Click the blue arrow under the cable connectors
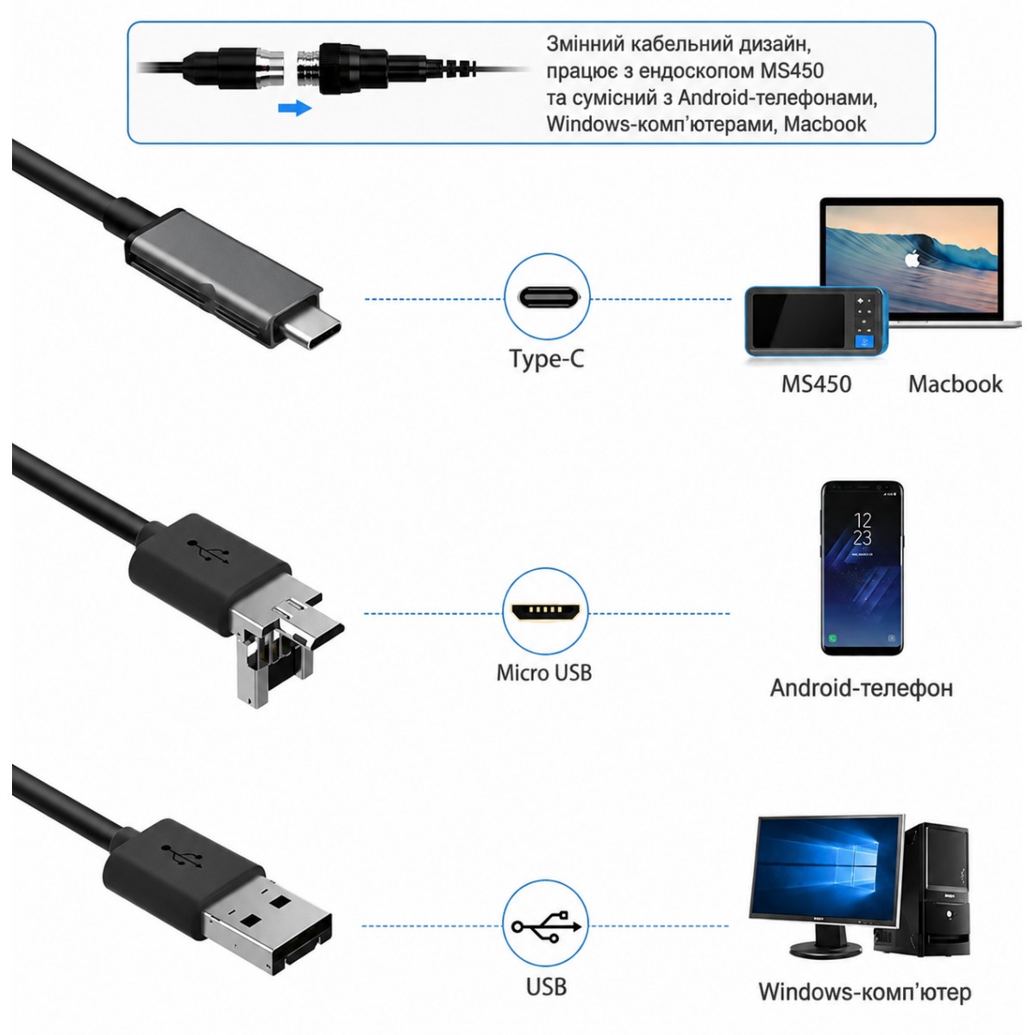[295, 108]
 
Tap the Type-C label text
[546, 359]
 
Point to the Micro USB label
[544, 673]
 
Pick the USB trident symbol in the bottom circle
[546, 925]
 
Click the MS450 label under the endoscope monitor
[816, 384]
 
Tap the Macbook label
[955, 384]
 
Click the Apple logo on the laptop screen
[912, 259]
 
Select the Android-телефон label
[862, 688]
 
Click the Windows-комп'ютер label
[865, 992]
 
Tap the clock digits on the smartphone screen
[862, 529]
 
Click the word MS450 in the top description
[793, 71]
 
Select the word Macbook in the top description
[825, 124]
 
